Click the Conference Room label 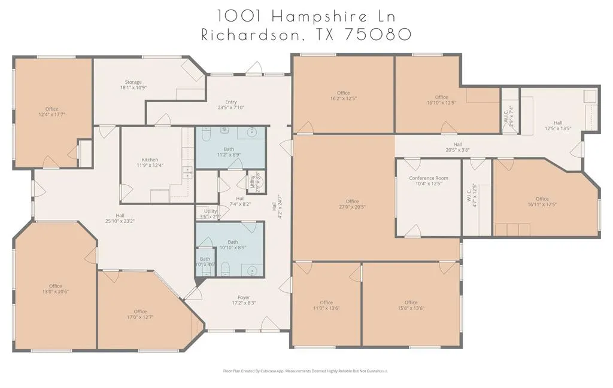pyautogui.click(x=429, y=181)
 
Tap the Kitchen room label pyautogui.click(x=150, y=163)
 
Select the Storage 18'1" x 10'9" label pyautogui.click(x=133, y=85)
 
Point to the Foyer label pyautogui.click(x=244, y=300)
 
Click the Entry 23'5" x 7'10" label pyautogui.click(x=231, y=105)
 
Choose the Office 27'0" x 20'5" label pyautogui.click(x=352, y=204)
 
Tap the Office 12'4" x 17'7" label pyautogui.click(x=52, y=111)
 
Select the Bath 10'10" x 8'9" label pyautogui.click(x=232, y=245)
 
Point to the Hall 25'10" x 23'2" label pyautogui.click(x=120, y=218)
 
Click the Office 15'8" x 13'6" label pyautogui.click(x=411, y=305)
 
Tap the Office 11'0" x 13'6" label pyautogui.click(x=326, y=305)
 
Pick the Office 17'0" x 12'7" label pyautogui.click(x=140, y=314)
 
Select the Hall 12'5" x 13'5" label pyautogui.click(x=558, y=125)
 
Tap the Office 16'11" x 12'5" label pyautogui.click(x=542, y=201)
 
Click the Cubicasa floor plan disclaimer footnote pyautogui.click(x=305, y=371)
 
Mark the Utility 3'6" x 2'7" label pyautogui.click(x=211, y=213)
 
